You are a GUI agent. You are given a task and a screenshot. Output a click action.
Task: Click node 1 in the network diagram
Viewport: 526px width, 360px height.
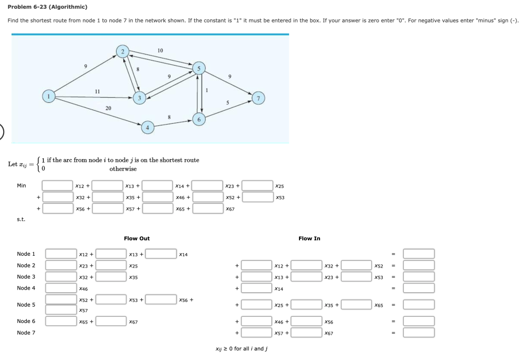point(49,97)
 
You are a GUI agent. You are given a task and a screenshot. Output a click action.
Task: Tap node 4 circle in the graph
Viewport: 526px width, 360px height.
point(147,127)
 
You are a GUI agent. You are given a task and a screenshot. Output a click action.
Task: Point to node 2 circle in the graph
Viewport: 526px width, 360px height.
point(122,51)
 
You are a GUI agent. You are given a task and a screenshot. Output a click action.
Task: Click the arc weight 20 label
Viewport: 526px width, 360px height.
point(108,108)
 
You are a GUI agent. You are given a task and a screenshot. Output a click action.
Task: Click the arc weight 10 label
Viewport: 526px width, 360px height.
point(160,50)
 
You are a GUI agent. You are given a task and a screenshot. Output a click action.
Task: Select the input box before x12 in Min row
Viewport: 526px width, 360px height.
point(58,185)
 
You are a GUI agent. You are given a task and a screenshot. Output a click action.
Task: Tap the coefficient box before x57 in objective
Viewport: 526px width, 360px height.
point(107,209)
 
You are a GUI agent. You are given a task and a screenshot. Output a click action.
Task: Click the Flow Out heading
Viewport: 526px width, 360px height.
point(137,239)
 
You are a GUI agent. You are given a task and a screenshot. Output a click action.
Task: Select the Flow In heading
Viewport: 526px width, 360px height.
point(309,239)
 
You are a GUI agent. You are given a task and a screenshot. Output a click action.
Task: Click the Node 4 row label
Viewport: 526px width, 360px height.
point(26,288)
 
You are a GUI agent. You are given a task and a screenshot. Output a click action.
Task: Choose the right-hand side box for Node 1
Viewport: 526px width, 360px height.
point(418,254)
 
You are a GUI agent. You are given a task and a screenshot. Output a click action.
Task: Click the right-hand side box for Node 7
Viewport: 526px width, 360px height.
point(418,333)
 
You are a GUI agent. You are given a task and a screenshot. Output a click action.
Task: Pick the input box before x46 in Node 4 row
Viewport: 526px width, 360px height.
point(61,288)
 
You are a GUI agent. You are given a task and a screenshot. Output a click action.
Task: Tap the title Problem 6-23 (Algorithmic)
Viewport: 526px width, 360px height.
point(47,7)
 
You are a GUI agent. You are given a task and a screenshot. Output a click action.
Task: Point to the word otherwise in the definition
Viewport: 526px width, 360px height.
point(123,169)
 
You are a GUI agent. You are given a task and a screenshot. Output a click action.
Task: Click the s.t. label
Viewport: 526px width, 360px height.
point(21,220)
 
